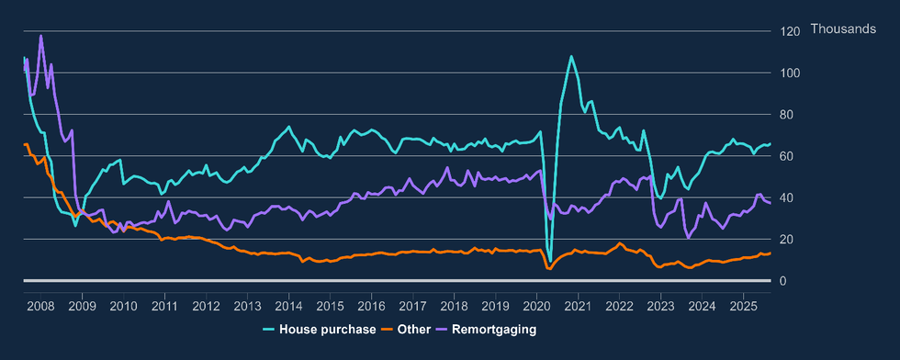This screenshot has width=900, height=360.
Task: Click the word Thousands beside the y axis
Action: (x=843, y=30)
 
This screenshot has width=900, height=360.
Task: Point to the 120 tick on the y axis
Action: (x=790, y=31)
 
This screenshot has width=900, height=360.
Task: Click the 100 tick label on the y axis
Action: (x=790, y=73)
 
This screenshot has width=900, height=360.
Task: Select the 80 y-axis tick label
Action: (x=787, y=115)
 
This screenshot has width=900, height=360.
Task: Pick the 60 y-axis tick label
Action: (x=787, y=156)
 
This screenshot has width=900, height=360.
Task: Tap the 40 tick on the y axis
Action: (x=787, y=197)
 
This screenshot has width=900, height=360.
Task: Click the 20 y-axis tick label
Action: (x=787, y=240)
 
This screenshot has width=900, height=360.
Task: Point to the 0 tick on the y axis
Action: (x=783, y=281)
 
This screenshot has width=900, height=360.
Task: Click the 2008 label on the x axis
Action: (x=40, y=305)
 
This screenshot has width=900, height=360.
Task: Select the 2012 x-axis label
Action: (x=206, y=305)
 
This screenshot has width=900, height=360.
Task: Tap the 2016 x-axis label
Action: (x=371, y=305)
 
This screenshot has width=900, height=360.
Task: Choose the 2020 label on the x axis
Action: (x=536, y=305)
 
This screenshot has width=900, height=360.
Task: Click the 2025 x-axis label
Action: (x=743, y=305)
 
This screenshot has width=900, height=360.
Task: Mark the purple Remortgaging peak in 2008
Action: (x=40, y=36)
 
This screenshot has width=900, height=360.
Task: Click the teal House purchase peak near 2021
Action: (x=571, y=56)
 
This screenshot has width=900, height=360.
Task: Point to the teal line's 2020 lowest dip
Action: (x=549, y=262)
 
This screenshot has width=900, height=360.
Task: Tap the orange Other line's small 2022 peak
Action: (x=621, y=243)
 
